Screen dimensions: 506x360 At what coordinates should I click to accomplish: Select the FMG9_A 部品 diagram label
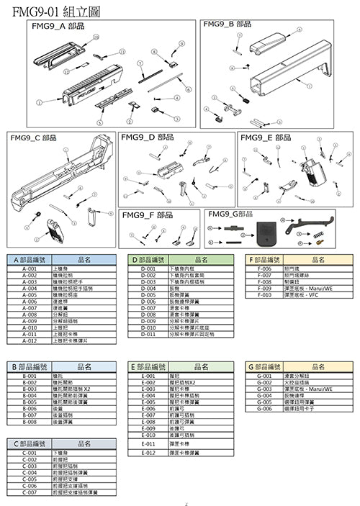[x=58, y=26]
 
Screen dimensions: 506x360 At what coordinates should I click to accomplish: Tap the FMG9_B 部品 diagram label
[x=228, y=24]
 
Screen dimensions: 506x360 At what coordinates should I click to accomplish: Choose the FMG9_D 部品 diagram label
[x=148, y=137]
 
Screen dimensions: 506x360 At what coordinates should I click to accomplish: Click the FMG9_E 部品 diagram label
[x=266, y=137]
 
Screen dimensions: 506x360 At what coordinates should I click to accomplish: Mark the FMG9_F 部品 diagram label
[x=148, y=215]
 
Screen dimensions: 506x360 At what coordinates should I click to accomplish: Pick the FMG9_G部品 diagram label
[x=230, y=214]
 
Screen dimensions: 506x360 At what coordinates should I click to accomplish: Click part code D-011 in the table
[x=148, y=333]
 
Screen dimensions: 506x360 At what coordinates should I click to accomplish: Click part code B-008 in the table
[x=30, y=421]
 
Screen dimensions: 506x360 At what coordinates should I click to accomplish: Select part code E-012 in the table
[x=148, y=452]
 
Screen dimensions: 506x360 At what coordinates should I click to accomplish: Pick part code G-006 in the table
[x=264, y=408]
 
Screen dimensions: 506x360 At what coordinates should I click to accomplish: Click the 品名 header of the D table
[x=202, y=259]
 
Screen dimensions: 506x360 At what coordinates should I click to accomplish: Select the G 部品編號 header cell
[x=264, y=366]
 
